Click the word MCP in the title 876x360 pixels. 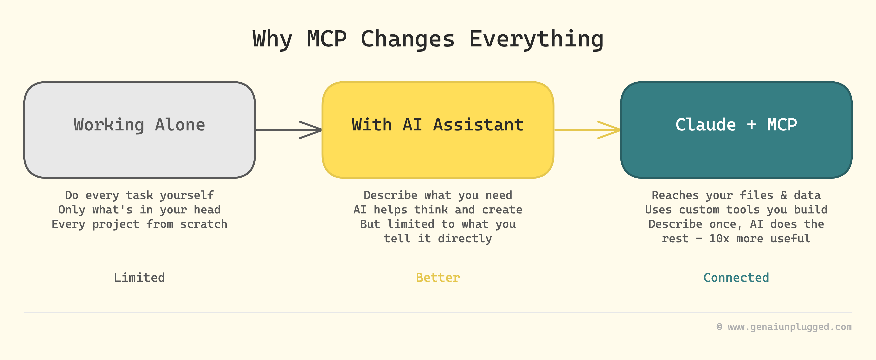(327, 39)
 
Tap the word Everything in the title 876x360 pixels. (536, 40)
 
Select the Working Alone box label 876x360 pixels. (139, 125)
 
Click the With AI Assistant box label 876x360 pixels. (438, 124)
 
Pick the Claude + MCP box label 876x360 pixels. (736, 124)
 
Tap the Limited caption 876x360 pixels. (139, 278)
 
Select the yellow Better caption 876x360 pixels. (438, 278)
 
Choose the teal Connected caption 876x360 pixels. (736, 278)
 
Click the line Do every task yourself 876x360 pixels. (139, 195)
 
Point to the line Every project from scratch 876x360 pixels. (139, 224)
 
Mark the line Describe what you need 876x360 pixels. (438, 195)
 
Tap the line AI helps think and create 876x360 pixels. (438, 210)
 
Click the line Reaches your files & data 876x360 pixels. (736, 195)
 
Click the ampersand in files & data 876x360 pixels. (784, 195)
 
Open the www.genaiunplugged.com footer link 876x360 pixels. (790, 327)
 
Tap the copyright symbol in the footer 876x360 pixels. (719, 327)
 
